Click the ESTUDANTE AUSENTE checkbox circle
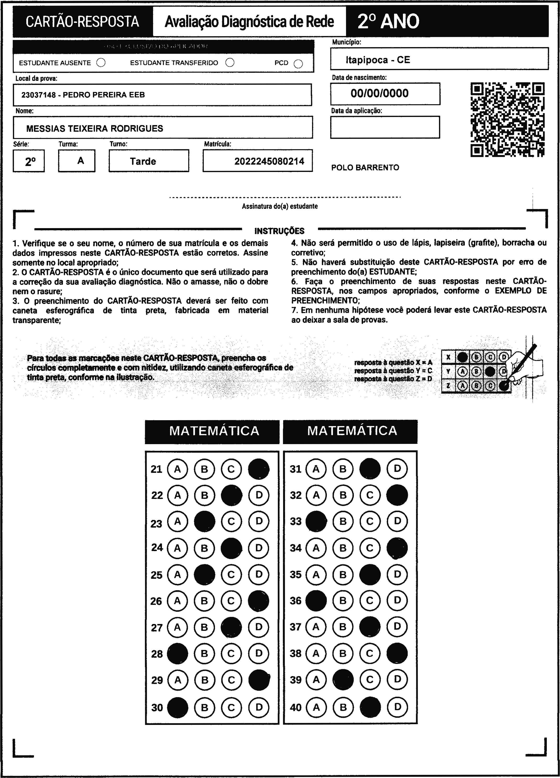[x=101, y=63]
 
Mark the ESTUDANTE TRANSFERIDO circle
[x=230, y=62]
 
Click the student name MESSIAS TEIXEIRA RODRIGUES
[x=95, y=129]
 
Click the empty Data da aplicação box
[x=385, y=127]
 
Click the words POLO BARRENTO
[x=365, y=168]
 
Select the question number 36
[x=296, y=600]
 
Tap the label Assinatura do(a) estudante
[x=280, y=206]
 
